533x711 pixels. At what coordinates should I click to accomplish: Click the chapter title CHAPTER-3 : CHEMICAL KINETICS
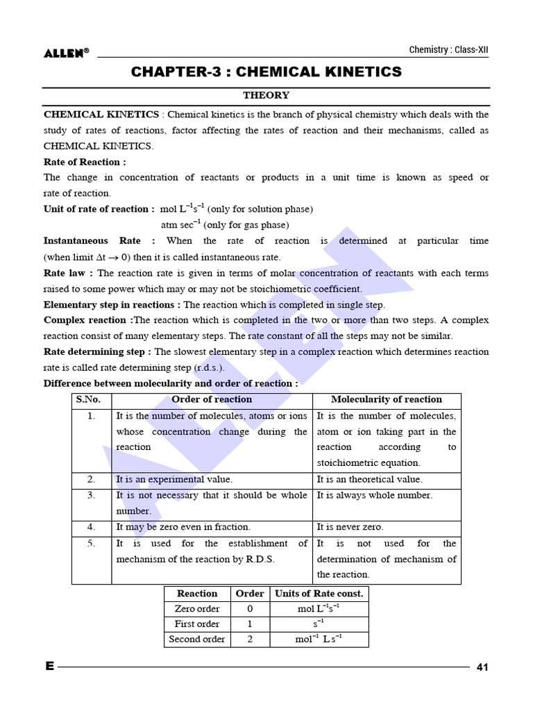click(266, 72)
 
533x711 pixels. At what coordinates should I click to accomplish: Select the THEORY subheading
click(266, 96)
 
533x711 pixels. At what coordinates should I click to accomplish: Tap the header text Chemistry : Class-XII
click(453, 50)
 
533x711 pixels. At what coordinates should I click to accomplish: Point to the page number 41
click(483, 667)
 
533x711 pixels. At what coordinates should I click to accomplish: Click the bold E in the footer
click(49, 667)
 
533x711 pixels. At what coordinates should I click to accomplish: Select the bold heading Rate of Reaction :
click(85, 162)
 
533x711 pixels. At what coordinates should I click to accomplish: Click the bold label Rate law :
click(68, 273)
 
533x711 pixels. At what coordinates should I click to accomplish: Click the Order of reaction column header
click(212, 399)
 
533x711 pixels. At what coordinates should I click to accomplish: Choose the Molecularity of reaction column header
click(386, 399)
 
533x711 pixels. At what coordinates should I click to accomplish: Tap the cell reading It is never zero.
click(350, 527)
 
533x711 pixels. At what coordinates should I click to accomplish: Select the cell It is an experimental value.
click(174, 479)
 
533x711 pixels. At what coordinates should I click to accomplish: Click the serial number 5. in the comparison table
click(92, 543)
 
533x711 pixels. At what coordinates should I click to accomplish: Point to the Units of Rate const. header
click(319, 594)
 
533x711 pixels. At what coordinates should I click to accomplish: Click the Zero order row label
click(197, 609)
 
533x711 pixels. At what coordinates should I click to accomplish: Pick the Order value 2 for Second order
click(250, 639)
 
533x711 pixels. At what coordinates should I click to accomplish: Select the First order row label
click(197, 624)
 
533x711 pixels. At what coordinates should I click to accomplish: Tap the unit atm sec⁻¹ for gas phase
click(180, 225)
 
